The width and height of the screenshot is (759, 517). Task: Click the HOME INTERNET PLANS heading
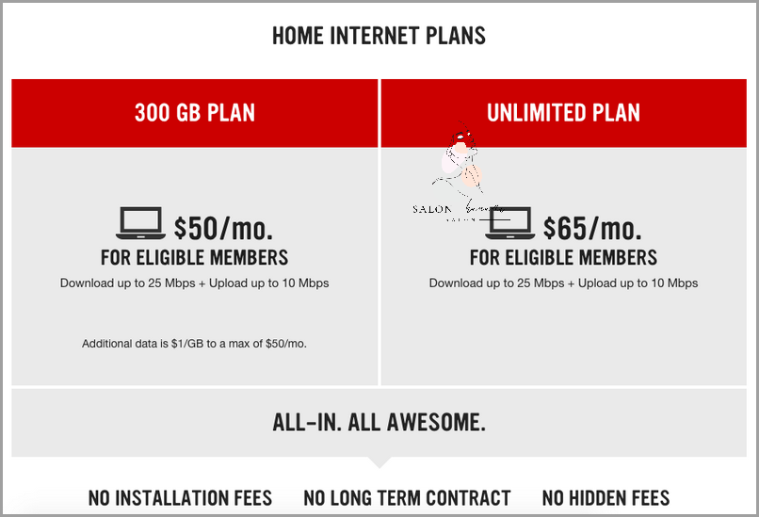(379, 37)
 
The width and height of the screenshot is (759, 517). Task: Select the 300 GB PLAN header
(195, 113)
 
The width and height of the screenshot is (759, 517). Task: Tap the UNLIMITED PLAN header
(563, 113)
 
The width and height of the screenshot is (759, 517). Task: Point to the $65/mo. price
(592, 227)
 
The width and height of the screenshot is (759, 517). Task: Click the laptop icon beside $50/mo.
(140, 224)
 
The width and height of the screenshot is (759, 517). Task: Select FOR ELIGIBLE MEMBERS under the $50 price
(195, 256)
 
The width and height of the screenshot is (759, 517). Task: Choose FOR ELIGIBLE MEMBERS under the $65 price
(563, 256)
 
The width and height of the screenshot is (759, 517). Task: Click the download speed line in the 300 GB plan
(195, 283)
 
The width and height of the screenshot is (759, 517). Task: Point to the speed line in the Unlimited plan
(563, 283)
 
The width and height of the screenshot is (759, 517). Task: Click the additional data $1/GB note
(195, 344)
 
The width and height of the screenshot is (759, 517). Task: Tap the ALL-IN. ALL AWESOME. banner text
(379, 423)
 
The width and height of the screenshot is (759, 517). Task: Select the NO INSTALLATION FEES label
(180, 497)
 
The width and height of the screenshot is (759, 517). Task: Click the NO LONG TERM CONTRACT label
(407, 497)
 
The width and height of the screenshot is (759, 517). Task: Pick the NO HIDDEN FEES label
(606, 497)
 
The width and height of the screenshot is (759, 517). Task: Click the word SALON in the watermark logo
(432, 210)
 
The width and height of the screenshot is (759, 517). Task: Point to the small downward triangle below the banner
(379, 462)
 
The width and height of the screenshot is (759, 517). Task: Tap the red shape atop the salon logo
(464, 139)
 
